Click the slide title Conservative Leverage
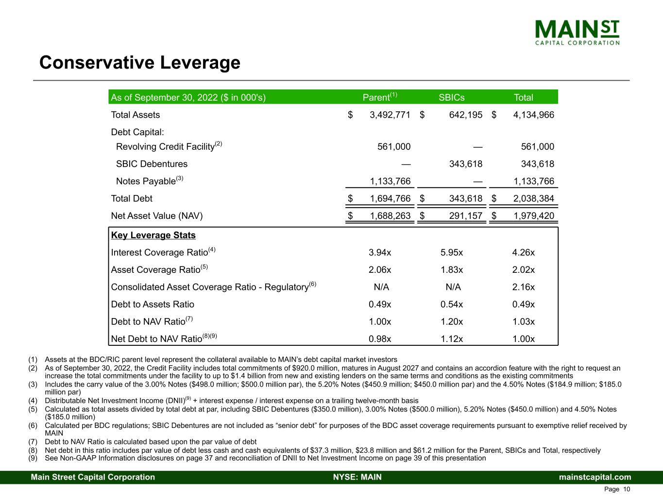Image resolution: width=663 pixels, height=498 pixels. [x=139, y=63]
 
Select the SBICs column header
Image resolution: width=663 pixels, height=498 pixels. [x=451, y=97]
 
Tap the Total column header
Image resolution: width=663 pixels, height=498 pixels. [x=523, y=97]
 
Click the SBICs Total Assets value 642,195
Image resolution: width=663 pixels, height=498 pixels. [x=465, y=115]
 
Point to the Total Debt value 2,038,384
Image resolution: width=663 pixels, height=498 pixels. [x=534, y=198]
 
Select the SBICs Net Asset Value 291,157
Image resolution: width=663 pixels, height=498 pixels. [x=465, y=215]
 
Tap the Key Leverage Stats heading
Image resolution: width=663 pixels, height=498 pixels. [x=153, y=235]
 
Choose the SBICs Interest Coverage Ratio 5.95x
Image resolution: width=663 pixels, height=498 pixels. [x=451, y=252]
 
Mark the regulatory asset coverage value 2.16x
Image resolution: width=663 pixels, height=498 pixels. [x=523, y=287]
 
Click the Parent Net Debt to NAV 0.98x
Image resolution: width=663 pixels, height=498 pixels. [x=380, y=339]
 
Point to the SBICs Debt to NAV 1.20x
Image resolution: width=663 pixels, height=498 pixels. [x=451, y=321]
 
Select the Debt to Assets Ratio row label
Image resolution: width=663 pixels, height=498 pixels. [x=153, y=304]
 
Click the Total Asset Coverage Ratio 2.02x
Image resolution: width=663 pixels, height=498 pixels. [x=523, y=270]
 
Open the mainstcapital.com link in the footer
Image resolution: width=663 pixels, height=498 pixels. [x=595, y=477]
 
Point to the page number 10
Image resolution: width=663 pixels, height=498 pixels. [x=627, y=489]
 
